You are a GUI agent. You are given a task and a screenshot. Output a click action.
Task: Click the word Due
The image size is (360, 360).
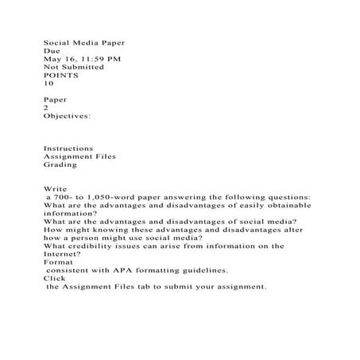pyautogui.click(x=51, y=48)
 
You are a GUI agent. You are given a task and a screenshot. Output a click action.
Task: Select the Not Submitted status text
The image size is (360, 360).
pyautogui.click(x=73, y=68)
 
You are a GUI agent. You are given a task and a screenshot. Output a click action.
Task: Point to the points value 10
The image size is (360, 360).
pyautogui.click(x=48, y=86)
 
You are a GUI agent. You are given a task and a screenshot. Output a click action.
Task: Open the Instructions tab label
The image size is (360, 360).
pyautogui.click(x=68, y=148)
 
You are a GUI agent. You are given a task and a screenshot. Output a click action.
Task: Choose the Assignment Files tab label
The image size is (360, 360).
pyautogui.click(x=79, y=157)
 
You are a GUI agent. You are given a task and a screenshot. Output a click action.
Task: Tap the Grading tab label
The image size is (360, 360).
pyautogui.click(x=60, y=166)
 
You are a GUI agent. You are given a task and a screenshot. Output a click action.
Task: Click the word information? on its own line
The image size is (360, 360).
pyautogui.click(x=70, y=214)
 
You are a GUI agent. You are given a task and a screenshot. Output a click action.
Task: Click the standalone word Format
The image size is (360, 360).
pyautogui.click(x=57, y=262)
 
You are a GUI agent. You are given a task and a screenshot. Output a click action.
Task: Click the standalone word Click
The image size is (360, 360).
pyautogui.click(x=54, y=279)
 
